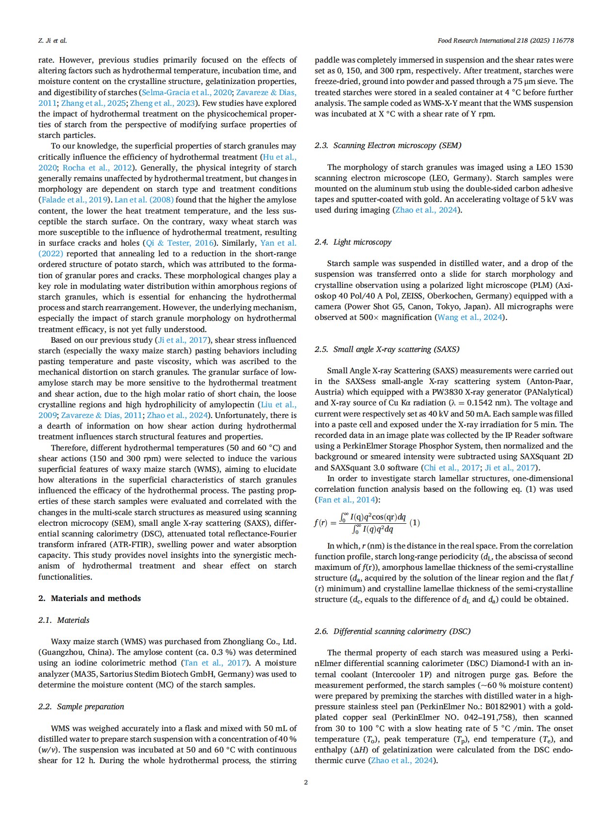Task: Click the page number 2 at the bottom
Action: click(x=306, y=782)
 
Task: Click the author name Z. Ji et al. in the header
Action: click(x=52, y=40)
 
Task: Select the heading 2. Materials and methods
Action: click(x=89, y=598)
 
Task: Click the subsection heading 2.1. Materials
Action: click(x=64, y=620)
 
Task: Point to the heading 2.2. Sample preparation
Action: click(x=81, y=706)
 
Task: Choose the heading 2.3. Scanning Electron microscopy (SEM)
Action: click(x=387, y=145)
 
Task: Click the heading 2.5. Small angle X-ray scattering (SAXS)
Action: click(x=387, y=349)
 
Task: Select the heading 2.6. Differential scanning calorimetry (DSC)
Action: click(x=392, y=631)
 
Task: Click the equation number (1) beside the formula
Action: click(x=415, y=522)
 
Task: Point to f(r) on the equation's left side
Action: click(x=321, y=523)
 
